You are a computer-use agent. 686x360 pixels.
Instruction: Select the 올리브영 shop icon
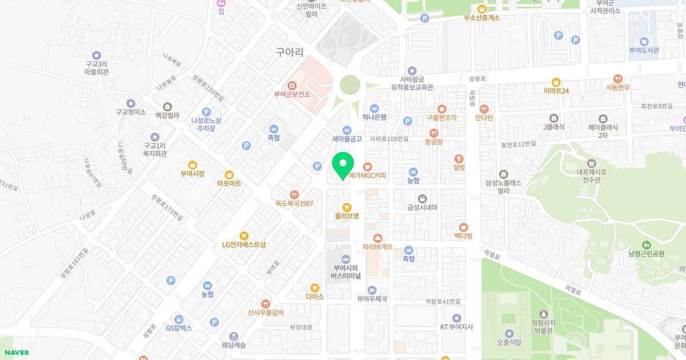point(346,207)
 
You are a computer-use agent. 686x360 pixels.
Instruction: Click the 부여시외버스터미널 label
point(346,271)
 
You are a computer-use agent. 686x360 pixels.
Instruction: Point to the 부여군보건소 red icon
point(292,85)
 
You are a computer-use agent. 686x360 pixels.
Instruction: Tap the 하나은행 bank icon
point(374,108)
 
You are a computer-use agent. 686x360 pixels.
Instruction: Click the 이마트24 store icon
point(556,82)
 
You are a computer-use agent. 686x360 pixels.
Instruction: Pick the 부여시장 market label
point(192,174)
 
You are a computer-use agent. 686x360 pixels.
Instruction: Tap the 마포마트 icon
point(229,174)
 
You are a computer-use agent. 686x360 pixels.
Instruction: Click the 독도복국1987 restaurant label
point(294,203)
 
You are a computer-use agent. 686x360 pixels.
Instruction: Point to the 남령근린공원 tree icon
point(646,244)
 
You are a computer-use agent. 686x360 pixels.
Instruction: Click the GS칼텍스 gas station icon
point(179,319)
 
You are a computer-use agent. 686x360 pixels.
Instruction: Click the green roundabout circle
point(352,86)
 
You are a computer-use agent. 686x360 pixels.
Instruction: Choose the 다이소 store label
point(315,297)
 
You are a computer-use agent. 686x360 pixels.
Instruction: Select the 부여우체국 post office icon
point(372,290)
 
